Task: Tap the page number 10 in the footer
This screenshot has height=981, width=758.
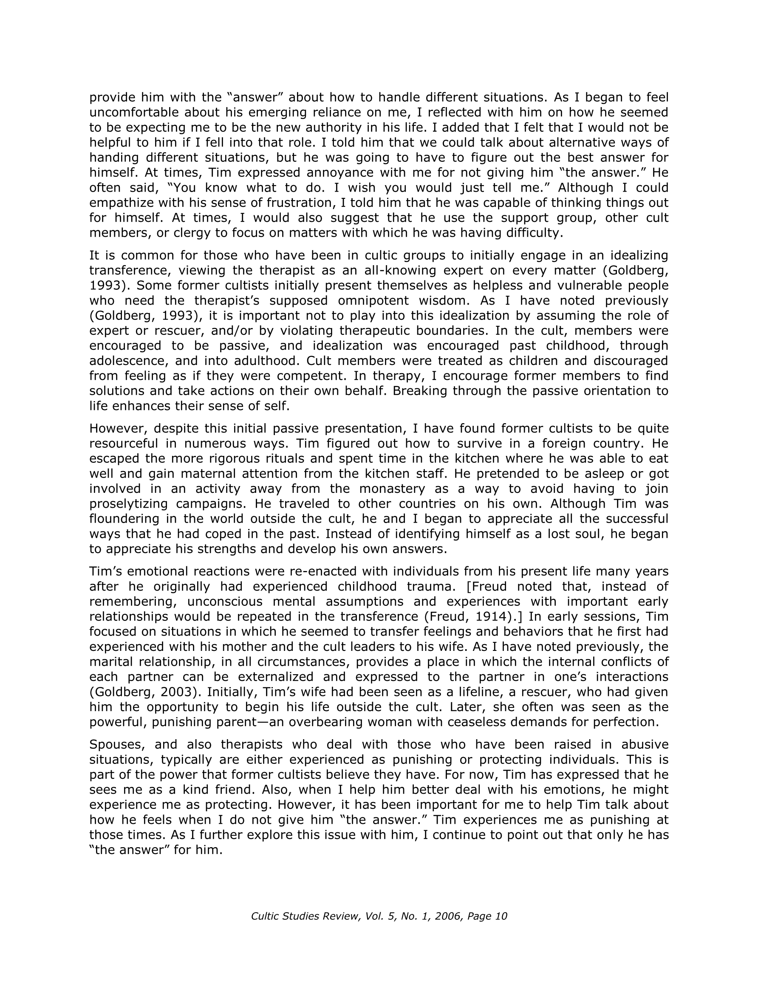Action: pos(501,916)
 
